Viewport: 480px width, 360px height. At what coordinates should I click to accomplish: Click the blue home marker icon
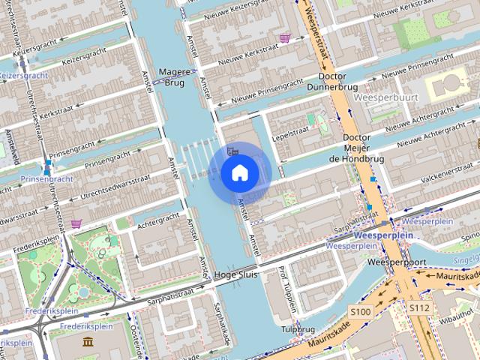click(x=239, y=173)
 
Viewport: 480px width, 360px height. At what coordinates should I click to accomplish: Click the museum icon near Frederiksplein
click(x=88, y=342)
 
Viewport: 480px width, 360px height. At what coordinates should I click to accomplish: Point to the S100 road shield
click(x=361, y=311)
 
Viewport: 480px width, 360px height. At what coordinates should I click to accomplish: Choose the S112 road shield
click(x=418, y=307)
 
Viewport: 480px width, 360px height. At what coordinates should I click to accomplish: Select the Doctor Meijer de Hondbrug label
click(x=356, y=148)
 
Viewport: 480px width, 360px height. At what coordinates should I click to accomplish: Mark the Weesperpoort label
click(x=397, y=263)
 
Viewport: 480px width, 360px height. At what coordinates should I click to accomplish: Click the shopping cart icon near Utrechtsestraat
click(x=76, y=223)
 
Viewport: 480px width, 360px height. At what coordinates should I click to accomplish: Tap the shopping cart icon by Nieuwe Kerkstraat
click(x=284, y=37)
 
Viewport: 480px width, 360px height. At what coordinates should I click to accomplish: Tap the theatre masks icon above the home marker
click(x=233, y=150)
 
